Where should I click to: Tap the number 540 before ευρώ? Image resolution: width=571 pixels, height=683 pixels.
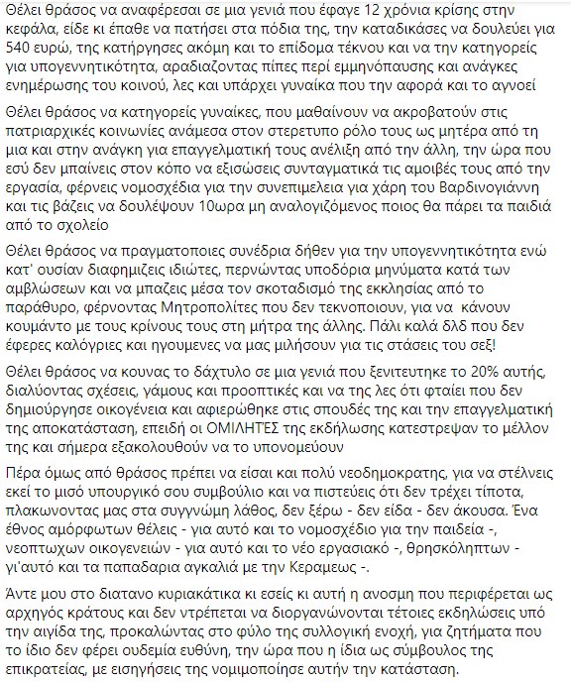pyautogui.click(x=23, y=49)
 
